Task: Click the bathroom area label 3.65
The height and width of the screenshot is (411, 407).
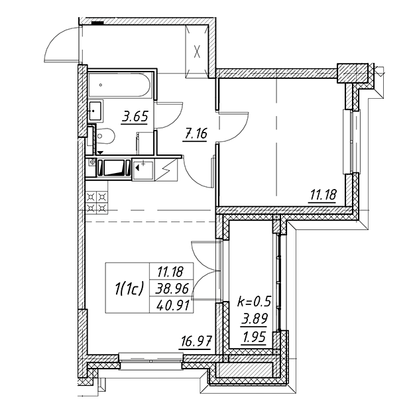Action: point(135,116)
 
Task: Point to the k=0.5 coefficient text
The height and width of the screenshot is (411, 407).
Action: point(253,302)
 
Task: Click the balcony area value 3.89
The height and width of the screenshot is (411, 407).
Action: point(255,319)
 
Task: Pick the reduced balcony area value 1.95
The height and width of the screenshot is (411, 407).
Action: point(255,337)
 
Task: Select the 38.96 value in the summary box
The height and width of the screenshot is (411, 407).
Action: point(172,289)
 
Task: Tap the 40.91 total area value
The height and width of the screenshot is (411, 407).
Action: point(173,306)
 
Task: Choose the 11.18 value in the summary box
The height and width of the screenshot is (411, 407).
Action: point(170,272)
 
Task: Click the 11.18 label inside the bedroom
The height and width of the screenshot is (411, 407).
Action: point(323,195)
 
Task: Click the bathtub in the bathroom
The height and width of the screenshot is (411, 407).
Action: point(120,85)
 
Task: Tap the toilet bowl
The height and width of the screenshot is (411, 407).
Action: point(105,137)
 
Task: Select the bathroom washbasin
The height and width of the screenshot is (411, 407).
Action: point(95,111)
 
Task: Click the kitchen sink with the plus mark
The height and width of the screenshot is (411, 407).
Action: point(143,170)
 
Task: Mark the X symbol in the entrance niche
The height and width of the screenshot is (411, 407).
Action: point(197,52)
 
